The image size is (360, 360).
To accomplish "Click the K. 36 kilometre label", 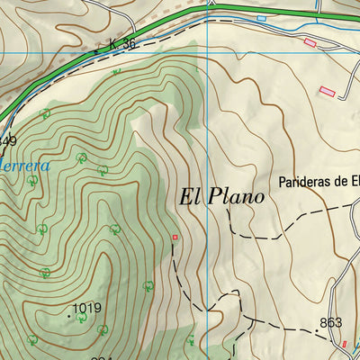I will [x=121, y=44].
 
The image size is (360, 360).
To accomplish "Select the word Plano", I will [x=238, y=196].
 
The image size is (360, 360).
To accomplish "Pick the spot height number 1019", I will [x=87, y=308].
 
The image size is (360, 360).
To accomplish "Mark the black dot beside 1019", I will [x=69, y=315].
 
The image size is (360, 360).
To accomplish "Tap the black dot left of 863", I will [x=316, y=330].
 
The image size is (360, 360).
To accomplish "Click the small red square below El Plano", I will [x=175, y=238].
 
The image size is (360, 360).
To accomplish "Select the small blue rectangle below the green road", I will [x=261, y=18].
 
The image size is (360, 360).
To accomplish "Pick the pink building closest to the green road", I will [x=310, y=42].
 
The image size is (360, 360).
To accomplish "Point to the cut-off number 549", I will [x=7, y=140].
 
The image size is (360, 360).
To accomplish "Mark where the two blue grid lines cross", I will [x=208, y=50].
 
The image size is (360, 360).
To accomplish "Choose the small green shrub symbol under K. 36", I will [x=116, y=71].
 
